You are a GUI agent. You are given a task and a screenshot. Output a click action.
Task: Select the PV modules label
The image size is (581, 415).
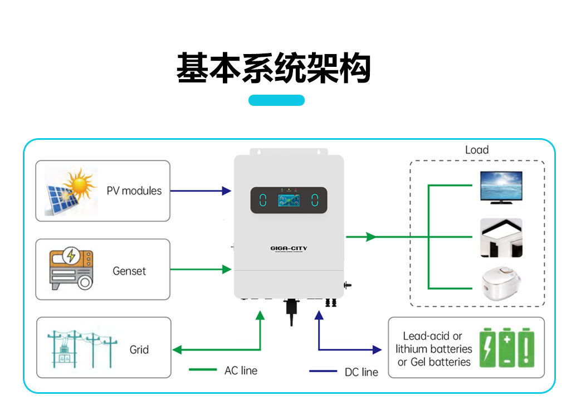coord(134,191)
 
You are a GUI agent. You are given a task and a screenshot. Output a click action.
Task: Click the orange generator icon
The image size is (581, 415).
coord(71,270)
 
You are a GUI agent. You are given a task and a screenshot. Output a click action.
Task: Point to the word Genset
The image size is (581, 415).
coord(129,271)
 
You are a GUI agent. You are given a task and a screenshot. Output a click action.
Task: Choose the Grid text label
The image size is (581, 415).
coord(139,350)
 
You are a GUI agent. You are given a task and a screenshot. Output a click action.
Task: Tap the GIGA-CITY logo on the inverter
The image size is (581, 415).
coord(289,248)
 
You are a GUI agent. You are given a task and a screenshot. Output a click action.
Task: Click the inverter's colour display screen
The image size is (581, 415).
coord(289,200)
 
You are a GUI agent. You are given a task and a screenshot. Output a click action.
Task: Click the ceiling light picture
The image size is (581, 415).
coord(501,237)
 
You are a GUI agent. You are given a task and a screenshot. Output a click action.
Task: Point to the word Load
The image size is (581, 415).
coord(477,150)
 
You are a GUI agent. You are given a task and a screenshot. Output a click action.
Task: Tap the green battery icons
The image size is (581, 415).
coord(507,348)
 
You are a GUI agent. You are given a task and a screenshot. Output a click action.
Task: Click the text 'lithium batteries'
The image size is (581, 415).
coord(434,349)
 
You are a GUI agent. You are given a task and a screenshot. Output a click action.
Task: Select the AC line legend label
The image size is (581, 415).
coord(241,370)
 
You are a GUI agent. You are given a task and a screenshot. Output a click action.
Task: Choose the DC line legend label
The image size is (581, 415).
coord(362,372)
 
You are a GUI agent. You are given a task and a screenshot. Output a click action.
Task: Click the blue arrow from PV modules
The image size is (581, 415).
coord(201,191)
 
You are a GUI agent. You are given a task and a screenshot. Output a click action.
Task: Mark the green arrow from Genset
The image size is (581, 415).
coord(201,270)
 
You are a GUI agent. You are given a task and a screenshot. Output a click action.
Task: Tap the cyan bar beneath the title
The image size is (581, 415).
coord(276,100)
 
